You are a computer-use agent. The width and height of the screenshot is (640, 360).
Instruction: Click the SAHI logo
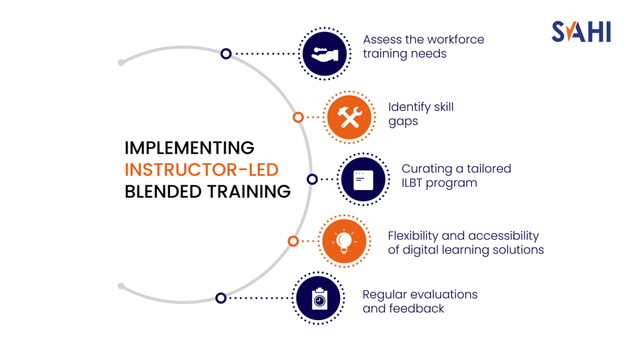coord(581,31)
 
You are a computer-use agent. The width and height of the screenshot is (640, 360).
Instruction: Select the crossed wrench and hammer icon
coord(349,117)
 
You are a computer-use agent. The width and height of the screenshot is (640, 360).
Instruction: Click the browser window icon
coord(362,179)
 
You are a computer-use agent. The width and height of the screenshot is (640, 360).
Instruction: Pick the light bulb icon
coord(343,241)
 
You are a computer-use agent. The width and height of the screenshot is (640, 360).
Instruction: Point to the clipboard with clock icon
coord(319,298)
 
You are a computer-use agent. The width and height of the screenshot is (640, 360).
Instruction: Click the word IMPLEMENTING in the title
coord(189,148)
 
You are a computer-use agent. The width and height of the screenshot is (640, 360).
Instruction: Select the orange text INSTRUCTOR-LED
coord(201,169)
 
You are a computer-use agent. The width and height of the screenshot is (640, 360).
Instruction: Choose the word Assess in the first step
coord(382,39)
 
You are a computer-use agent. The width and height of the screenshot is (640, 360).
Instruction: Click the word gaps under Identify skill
coord(403,121)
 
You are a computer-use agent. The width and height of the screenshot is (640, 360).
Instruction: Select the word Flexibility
coord(413,236)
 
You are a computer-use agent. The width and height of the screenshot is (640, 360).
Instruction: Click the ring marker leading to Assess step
coord(226,54)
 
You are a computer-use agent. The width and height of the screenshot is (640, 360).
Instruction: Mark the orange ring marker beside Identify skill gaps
coord(298,117)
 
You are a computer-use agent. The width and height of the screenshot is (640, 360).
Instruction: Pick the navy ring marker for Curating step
coord(312,179)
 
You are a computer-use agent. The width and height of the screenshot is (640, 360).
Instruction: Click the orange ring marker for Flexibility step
coord(292,241)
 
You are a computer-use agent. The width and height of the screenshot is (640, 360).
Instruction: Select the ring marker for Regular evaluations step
coord(221,298)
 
